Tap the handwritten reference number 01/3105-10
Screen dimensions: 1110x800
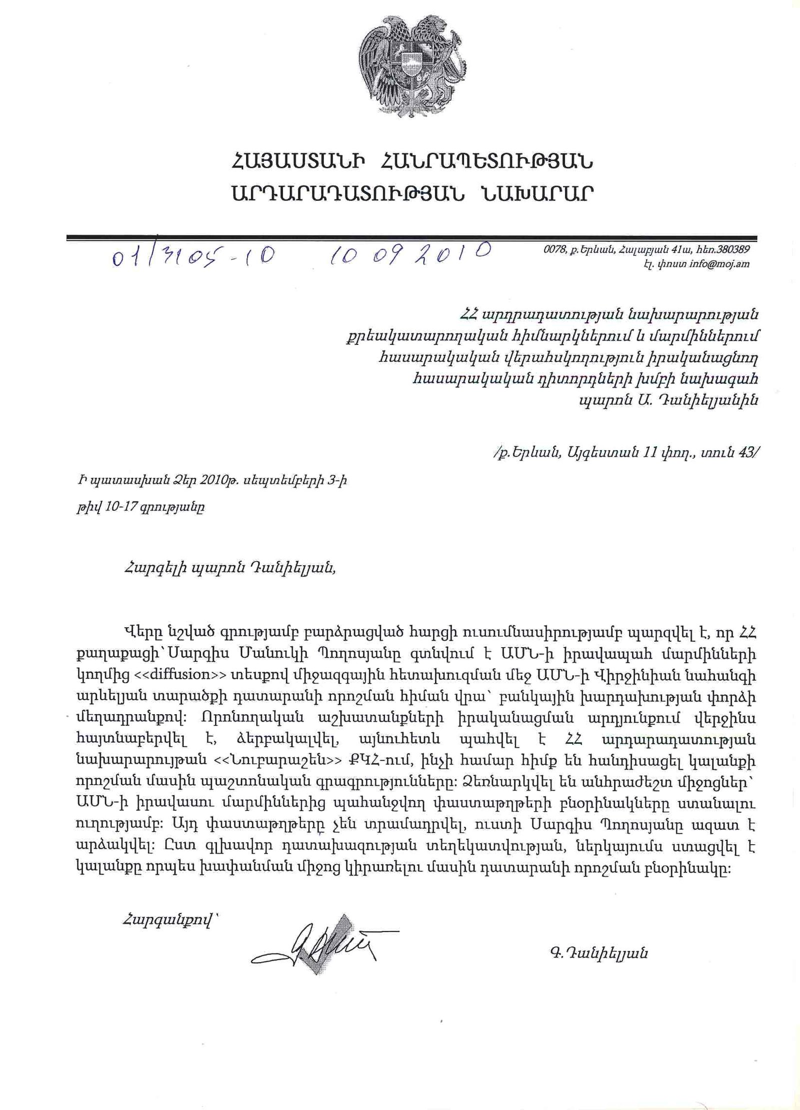pyautogui.click(x=193, y=256)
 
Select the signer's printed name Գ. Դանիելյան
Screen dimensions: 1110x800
pyautogui.click(x=597, y=954)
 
